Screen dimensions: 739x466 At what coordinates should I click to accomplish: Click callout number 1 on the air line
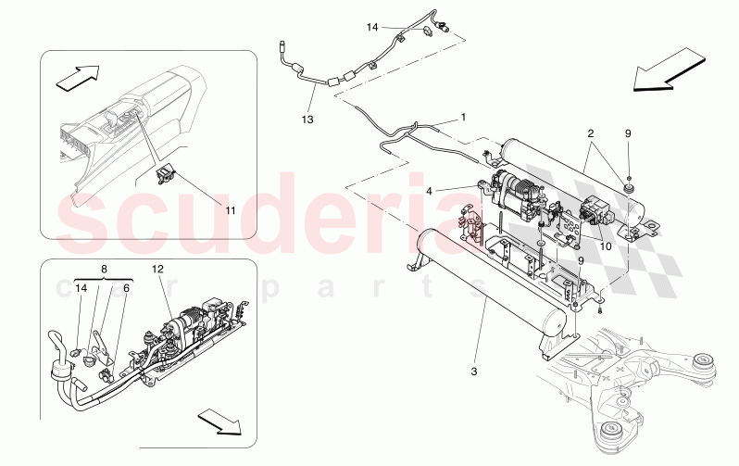(x=463, y=117)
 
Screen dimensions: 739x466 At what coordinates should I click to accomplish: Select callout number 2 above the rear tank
(x=590, y=133)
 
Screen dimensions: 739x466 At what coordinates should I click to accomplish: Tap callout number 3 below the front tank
(x=473, y=372)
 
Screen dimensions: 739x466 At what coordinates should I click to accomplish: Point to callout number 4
(x=429, y=192)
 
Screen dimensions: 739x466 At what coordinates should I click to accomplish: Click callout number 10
(x=606, y=246)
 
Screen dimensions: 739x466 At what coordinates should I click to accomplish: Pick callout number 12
(x=157, y=269)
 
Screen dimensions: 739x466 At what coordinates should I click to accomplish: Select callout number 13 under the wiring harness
(x=307, y=120)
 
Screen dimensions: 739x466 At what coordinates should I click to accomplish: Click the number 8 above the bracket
(x=104, y=270)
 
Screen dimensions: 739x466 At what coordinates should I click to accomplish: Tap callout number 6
(x=126, y=287)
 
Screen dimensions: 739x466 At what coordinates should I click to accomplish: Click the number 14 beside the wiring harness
(x=372, y=28)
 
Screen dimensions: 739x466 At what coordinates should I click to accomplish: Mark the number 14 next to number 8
(x=81, y=287)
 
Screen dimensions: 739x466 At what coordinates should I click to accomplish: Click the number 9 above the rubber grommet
(x=628, y=133)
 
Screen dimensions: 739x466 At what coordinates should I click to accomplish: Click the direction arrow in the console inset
(x=78, y=77)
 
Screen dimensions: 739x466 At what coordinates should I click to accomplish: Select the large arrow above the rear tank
(x=670, y=69)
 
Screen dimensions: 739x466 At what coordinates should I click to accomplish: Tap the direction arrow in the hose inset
(x=219, y=421)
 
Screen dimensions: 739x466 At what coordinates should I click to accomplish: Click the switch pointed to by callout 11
(x=165, y=175)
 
